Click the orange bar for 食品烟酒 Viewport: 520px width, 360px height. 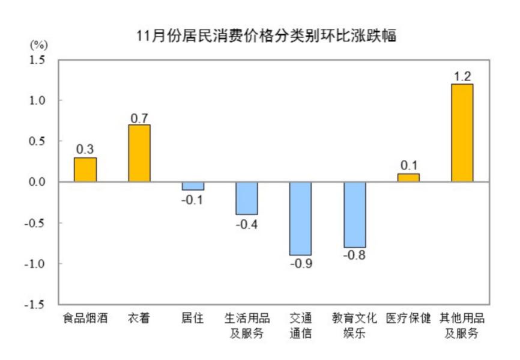(x=85, y=169)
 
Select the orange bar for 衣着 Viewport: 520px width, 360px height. (x=139, y=153)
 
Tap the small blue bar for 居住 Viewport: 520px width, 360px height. (x=193, y=186)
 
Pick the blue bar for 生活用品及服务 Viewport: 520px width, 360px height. (x=246, y=198)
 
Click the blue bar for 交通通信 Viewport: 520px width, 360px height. (x=300, y=219)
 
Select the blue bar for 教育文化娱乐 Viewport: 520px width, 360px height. (x=354, y=215)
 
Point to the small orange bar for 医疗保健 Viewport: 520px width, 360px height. (x=408, y=178)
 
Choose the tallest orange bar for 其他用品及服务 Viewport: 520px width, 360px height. (x=462, y=133)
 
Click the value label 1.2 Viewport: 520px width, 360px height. (x=462, y=76)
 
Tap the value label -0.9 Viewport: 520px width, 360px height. (x=300, y=264)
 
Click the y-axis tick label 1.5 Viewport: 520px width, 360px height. (x=39, y=59)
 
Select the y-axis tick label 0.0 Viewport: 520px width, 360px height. (x=39, y=182)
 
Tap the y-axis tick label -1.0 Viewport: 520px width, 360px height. (x=37, y=264)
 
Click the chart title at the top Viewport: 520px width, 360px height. (x=267, y=35)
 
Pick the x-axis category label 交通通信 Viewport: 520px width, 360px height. (x=300, y=325)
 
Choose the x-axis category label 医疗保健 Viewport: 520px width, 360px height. (x=408, y=319)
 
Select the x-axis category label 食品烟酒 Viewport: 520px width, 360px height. (x=85, y=319)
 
